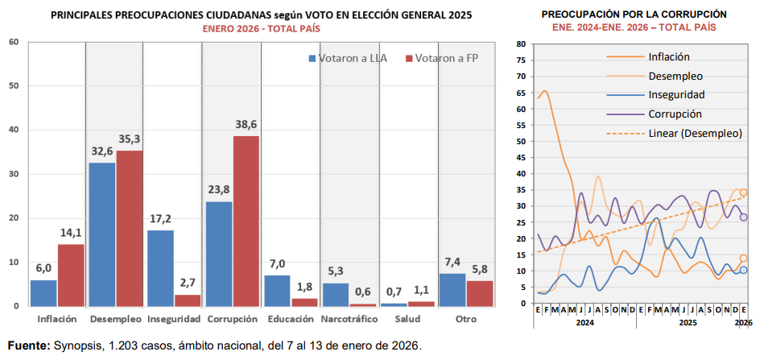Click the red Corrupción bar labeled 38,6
(x=246, y=221)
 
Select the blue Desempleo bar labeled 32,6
(x=101, y=234)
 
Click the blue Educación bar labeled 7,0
(x=277, y=290)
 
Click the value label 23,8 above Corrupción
(x=218, y=191)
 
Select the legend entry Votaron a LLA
(x=347, y=58)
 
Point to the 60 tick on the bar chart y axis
(x=14, y=42)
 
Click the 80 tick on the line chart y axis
(x=522, y=44)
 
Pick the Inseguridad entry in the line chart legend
(x=677, y=95)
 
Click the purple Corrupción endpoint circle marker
(x=744, y=217)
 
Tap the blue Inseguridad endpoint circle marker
(x=744, y=270)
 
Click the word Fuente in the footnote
(x=28, y=346)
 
